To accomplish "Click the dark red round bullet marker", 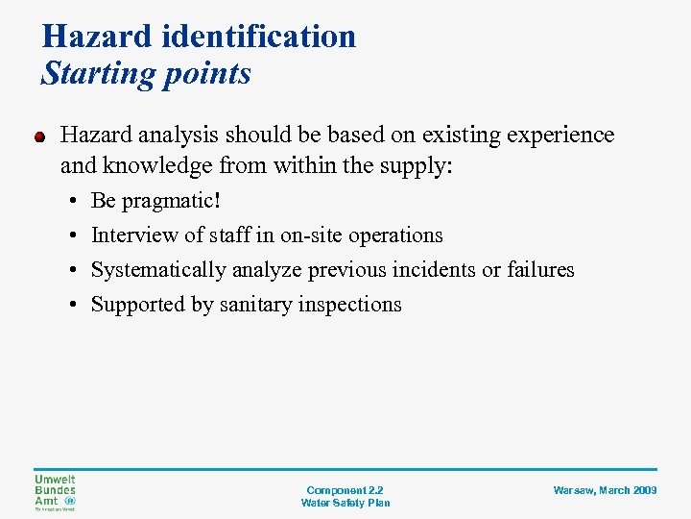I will (41, 136).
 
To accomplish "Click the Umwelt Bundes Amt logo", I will (56, 492).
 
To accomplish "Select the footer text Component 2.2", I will (345, 489).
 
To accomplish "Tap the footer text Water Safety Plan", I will (345, 503).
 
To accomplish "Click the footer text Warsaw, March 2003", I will (605, 490).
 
